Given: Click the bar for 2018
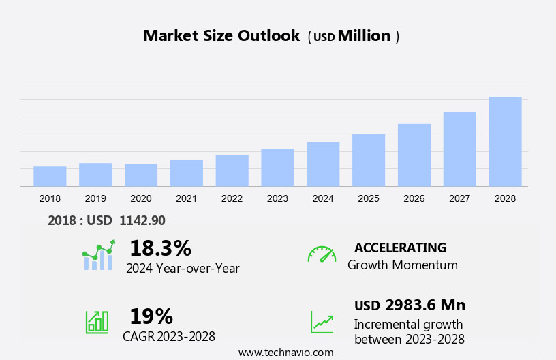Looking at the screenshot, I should tap(50, 176).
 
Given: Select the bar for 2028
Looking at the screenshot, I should tap(505, 142).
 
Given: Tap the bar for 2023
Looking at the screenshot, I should tap(277, 168).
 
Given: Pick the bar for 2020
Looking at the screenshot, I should tap(141, 175).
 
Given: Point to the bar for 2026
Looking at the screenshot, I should tap(414, 155).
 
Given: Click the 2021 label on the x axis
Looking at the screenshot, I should tap(186, 198).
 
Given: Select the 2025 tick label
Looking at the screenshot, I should tap(369, 198).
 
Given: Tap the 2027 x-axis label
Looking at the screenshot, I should tap(459, 198).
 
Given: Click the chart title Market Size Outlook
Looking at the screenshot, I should tap(221, 36).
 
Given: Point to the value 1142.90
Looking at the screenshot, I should tap(142, 220).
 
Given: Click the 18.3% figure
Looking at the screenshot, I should tap(160, 248).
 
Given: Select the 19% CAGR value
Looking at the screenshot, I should tap(151, 316).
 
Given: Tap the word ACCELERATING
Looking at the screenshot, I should tap(400, 247).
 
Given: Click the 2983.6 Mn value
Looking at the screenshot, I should tap(425, 305).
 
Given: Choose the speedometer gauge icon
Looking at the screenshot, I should tap(322, 254).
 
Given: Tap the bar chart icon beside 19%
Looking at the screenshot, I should tap(97, 322).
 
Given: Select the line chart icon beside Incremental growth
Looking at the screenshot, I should tap(322, 322).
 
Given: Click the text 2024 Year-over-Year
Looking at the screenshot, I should tap(183, 268).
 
